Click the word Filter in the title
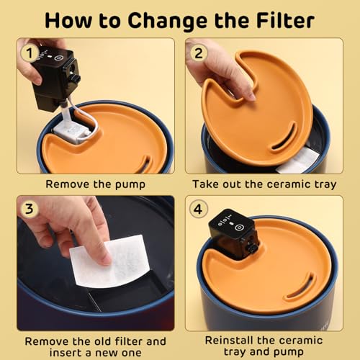pyautogui.click(x=285, y=21)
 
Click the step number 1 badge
pyautogui.click(x=29, y=53)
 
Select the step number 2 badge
pyautogui.click(x=199, y=53)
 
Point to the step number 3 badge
pyautogui.click(x=29, y=209)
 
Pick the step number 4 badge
pyautogui.click(x=198, y=209)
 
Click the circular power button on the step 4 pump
pyautogui.click(x=239, y=228)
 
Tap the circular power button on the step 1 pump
pyautogui.click(x=58, y=58)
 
